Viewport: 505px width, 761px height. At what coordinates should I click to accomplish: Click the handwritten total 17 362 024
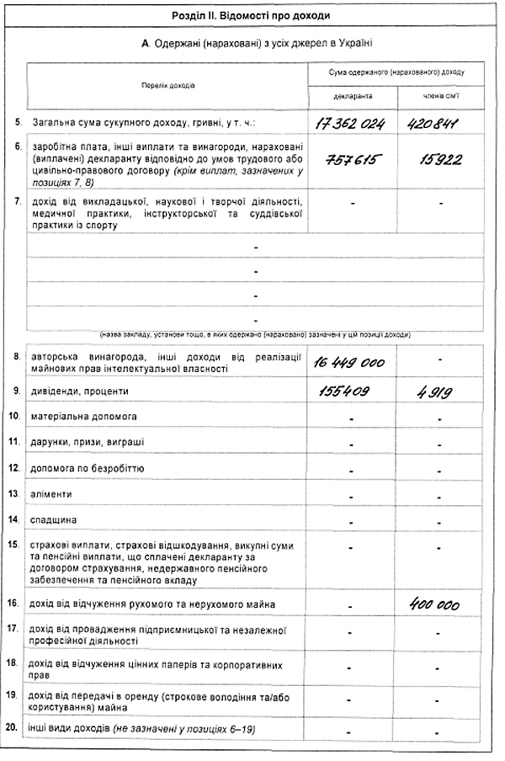pos(349,124)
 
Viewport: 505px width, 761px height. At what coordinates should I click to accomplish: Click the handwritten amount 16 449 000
pos(349,362)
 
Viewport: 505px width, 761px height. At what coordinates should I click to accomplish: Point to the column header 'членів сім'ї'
pos(440,97)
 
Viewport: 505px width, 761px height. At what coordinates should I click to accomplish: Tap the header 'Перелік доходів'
pos(167,85)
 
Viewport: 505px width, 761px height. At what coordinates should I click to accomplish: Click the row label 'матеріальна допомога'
pos(80,416)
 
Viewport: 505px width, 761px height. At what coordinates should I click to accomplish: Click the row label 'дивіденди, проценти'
pos(78,391)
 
